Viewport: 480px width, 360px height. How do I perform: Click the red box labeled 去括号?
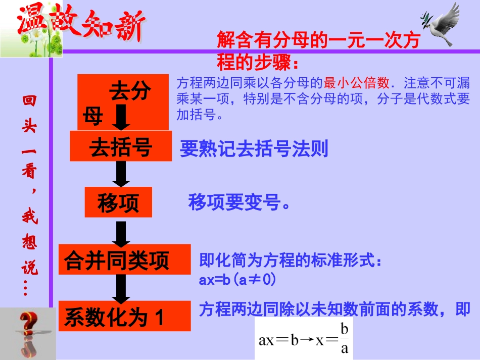[121, 146]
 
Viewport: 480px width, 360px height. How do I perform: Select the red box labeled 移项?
[118, 202]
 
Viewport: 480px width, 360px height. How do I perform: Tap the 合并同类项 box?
[124, 260]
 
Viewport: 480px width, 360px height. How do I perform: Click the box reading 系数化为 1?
[124, 317]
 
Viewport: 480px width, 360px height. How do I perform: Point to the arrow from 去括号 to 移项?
[121, 174]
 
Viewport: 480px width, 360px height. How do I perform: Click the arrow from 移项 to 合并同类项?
[121, 231]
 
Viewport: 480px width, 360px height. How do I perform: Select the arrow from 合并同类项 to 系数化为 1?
[121, 288]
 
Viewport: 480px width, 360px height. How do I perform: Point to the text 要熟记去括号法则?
[254, 149]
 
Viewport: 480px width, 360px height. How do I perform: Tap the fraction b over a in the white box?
[345, 339]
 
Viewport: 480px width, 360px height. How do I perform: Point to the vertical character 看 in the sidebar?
[29, 172]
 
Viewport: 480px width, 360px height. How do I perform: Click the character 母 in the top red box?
[93, 117]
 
